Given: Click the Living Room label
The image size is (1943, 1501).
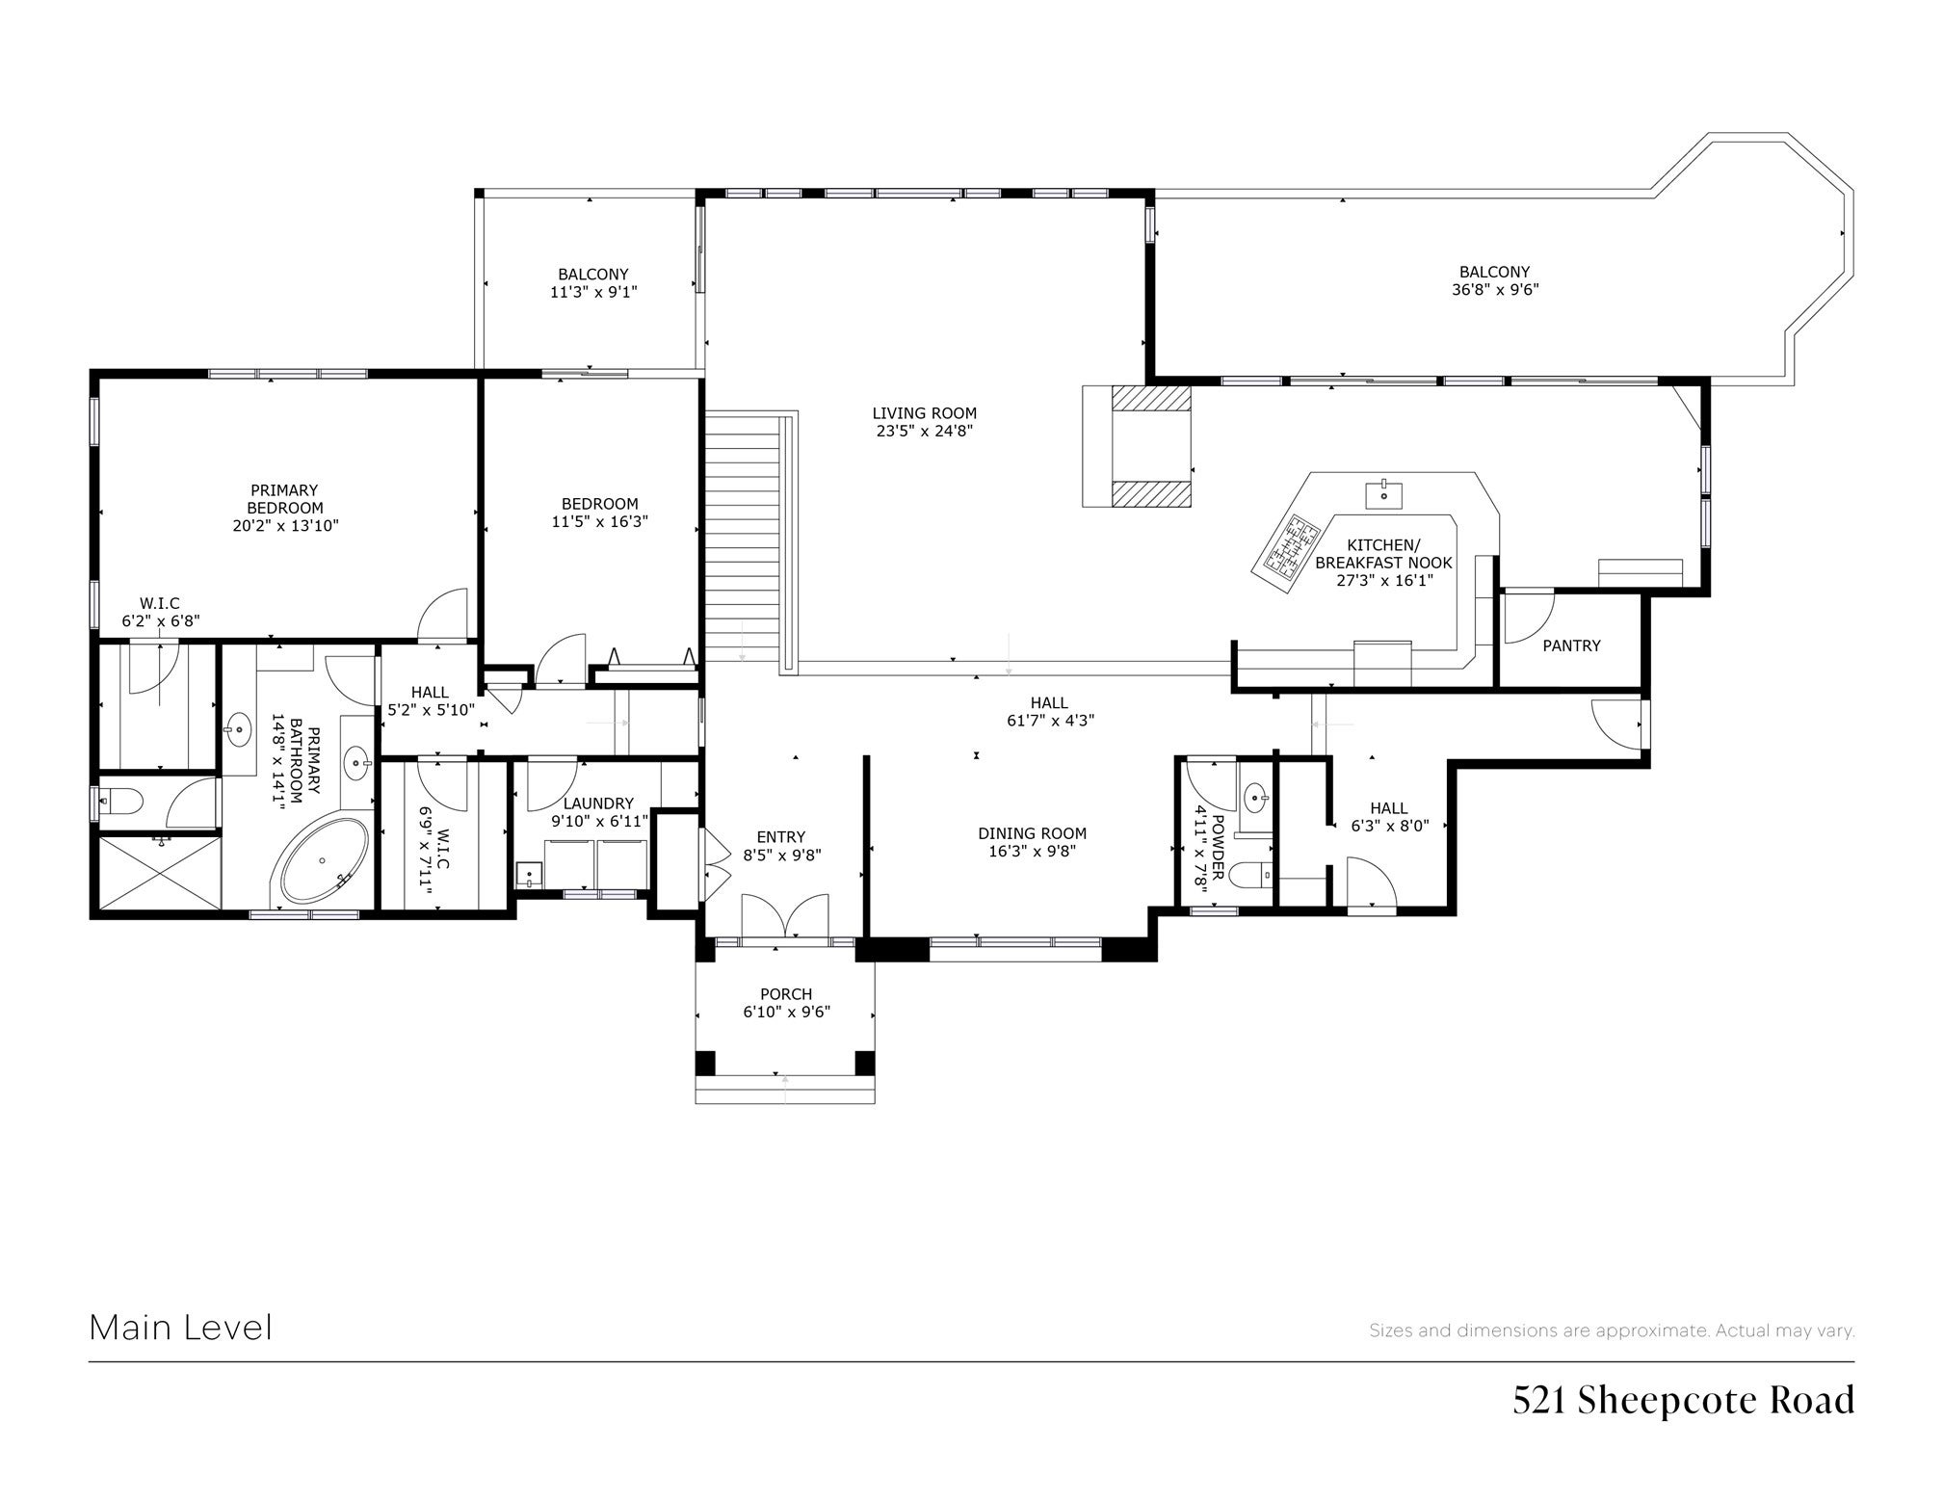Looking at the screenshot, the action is (x=925, y=413).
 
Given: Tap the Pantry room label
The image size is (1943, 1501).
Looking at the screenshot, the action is (x=1571, y=645).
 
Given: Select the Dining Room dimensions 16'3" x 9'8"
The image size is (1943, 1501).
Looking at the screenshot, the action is (x=1032, y=851).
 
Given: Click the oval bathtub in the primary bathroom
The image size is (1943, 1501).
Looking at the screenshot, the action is (x=325, y=861).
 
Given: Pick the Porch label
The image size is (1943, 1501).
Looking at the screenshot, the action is (x=786, y=993).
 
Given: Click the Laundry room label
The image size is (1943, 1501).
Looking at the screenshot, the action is (x=598, y=803).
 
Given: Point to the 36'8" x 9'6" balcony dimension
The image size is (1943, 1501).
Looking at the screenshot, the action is (x=1495, y=289).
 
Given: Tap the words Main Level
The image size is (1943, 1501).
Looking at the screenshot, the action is (x=181, y=1328).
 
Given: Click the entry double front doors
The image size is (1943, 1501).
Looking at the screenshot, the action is (x=785, y=915).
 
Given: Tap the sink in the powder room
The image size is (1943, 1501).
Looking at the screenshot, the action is (x=1255, y=798).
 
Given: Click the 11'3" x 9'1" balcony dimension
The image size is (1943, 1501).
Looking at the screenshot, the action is (x=593, y=291).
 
